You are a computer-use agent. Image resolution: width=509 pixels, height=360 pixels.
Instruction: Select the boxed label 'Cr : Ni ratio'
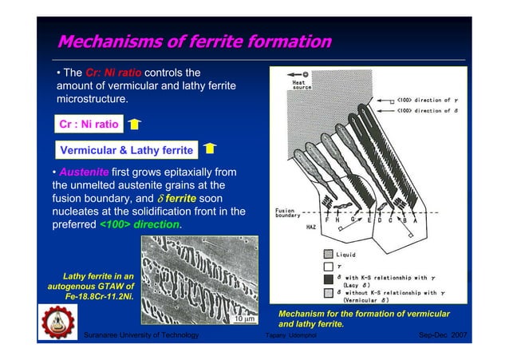[x=89, y=125]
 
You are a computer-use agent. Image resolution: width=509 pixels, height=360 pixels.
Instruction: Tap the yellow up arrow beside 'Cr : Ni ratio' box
[x=135, y=125]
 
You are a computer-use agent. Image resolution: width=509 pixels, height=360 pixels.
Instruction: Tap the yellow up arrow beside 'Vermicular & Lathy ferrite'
[x=209, y=148]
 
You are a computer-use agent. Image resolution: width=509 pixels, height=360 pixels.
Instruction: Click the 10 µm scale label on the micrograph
[x=243, y=319]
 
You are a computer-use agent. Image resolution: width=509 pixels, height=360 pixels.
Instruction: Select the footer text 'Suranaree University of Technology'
[x=141, y=336]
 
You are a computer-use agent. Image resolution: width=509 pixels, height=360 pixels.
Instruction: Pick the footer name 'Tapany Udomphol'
[x=297, y=337]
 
